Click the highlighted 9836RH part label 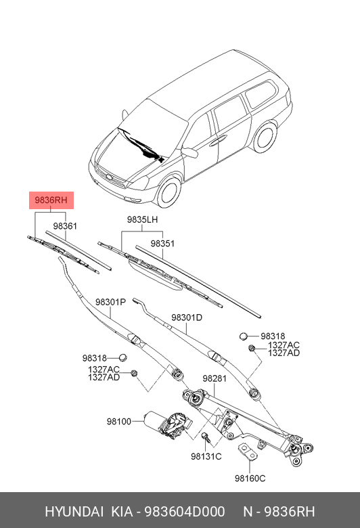51,201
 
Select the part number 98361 65,225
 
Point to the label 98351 163,243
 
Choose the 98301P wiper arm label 110,303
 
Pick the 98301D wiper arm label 187,317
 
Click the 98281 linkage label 214,379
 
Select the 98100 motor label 118,421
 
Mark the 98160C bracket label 250,479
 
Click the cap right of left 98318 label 123,357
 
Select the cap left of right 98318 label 245,336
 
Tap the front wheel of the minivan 166,191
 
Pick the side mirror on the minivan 190,152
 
